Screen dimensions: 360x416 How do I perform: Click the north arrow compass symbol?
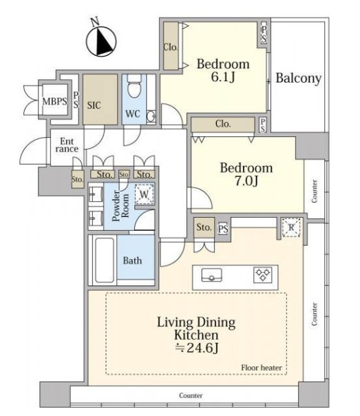(100, 41)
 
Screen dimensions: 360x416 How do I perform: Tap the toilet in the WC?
(134, 85)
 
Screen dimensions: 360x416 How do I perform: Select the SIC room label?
(94, 105)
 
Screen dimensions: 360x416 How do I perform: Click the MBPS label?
(54, 101)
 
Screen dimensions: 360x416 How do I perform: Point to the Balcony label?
(299, 79)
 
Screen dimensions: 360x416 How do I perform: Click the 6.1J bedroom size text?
(223, 77)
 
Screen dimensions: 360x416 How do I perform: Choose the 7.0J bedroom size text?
(246, 181)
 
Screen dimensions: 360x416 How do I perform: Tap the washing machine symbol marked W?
(145, 194)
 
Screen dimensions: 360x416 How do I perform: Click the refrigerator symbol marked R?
(291, 227)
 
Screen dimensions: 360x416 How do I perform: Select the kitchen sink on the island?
(211, 275)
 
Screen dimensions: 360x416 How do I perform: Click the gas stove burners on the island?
(263, 275)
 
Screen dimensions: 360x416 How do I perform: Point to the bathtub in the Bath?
(105, 260)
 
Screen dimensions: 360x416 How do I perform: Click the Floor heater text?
(262, 368)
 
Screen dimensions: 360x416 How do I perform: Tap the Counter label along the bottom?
(191, 395)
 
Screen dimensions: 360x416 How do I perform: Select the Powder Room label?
(120, 206)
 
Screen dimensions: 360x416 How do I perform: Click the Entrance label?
(67, 145)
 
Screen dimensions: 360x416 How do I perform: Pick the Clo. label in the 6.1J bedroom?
(170, 48)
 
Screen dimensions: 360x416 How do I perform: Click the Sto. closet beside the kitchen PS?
(204, 227)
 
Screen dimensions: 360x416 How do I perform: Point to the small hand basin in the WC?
(151, 116)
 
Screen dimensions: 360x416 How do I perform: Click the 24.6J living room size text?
(197, 348)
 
